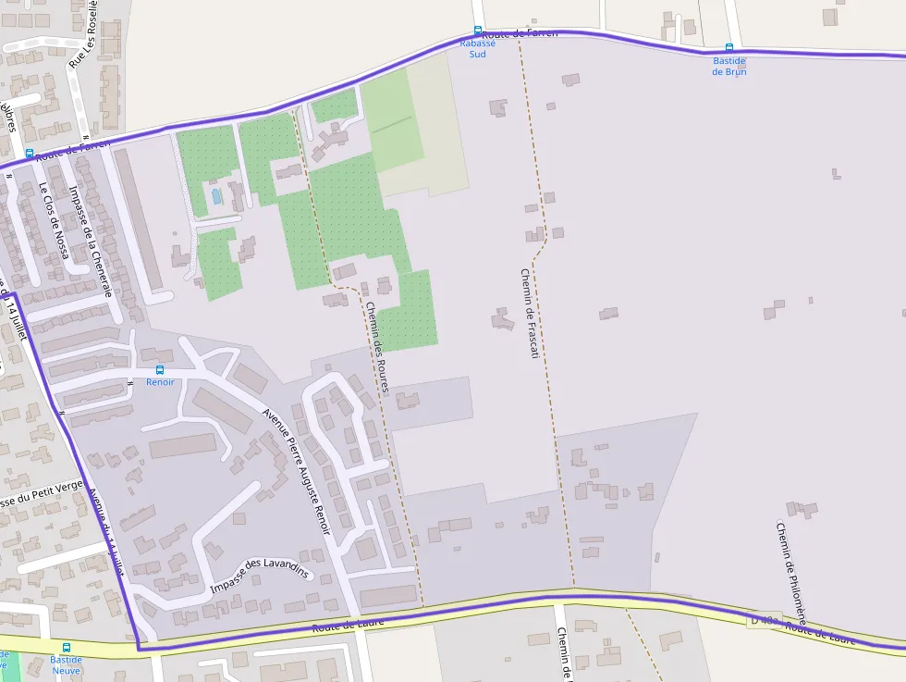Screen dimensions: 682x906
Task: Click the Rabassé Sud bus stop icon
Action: coord(478,31)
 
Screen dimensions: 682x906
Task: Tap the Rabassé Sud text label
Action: coord(477,48)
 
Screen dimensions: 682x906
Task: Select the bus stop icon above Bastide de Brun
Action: coord(728,48)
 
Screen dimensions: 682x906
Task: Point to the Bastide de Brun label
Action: coord(728,66)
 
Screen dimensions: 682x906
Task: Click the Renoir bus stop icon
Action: coord(160,370)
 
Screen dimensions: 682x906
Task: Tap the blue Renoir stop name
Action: coord(160,382)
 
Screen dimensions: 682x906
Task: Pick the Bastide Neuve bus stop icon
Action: coord(66,648)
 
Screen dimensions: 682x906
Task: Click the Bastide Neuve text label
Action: coord(66,664)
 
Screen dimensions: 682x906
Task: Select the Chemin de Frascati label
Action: coord(528,314)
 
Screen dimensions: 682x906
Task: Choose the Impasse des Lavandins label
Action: coord(259,577)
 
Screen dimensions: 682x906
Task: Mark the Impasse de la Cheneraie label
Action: coord(94,240)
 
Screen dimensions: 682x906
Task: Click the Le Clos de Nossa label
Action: coord(55,220)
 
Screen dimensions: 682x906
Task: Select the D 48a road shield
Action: coord(765,619)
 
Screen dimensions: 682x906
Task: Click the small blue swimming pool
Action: coord(216,196)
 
